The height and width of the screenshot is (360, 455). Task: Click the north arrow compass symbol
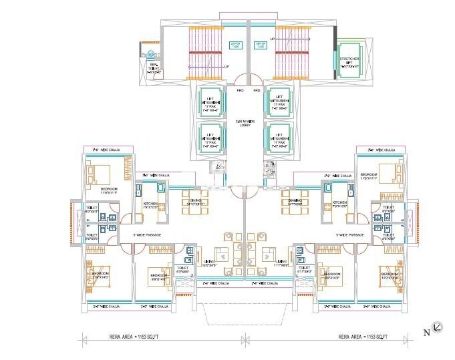point(436,327)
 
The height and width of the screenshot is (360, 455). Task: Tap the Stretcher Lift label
point(349,62)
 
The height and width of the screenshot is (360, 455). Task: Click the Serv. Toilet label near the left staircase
point(154,66)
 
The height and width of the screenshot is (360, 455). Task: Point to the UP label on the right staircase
point(272,39)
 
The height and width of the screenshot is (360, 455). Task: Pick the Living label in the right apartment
point(281,262)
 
